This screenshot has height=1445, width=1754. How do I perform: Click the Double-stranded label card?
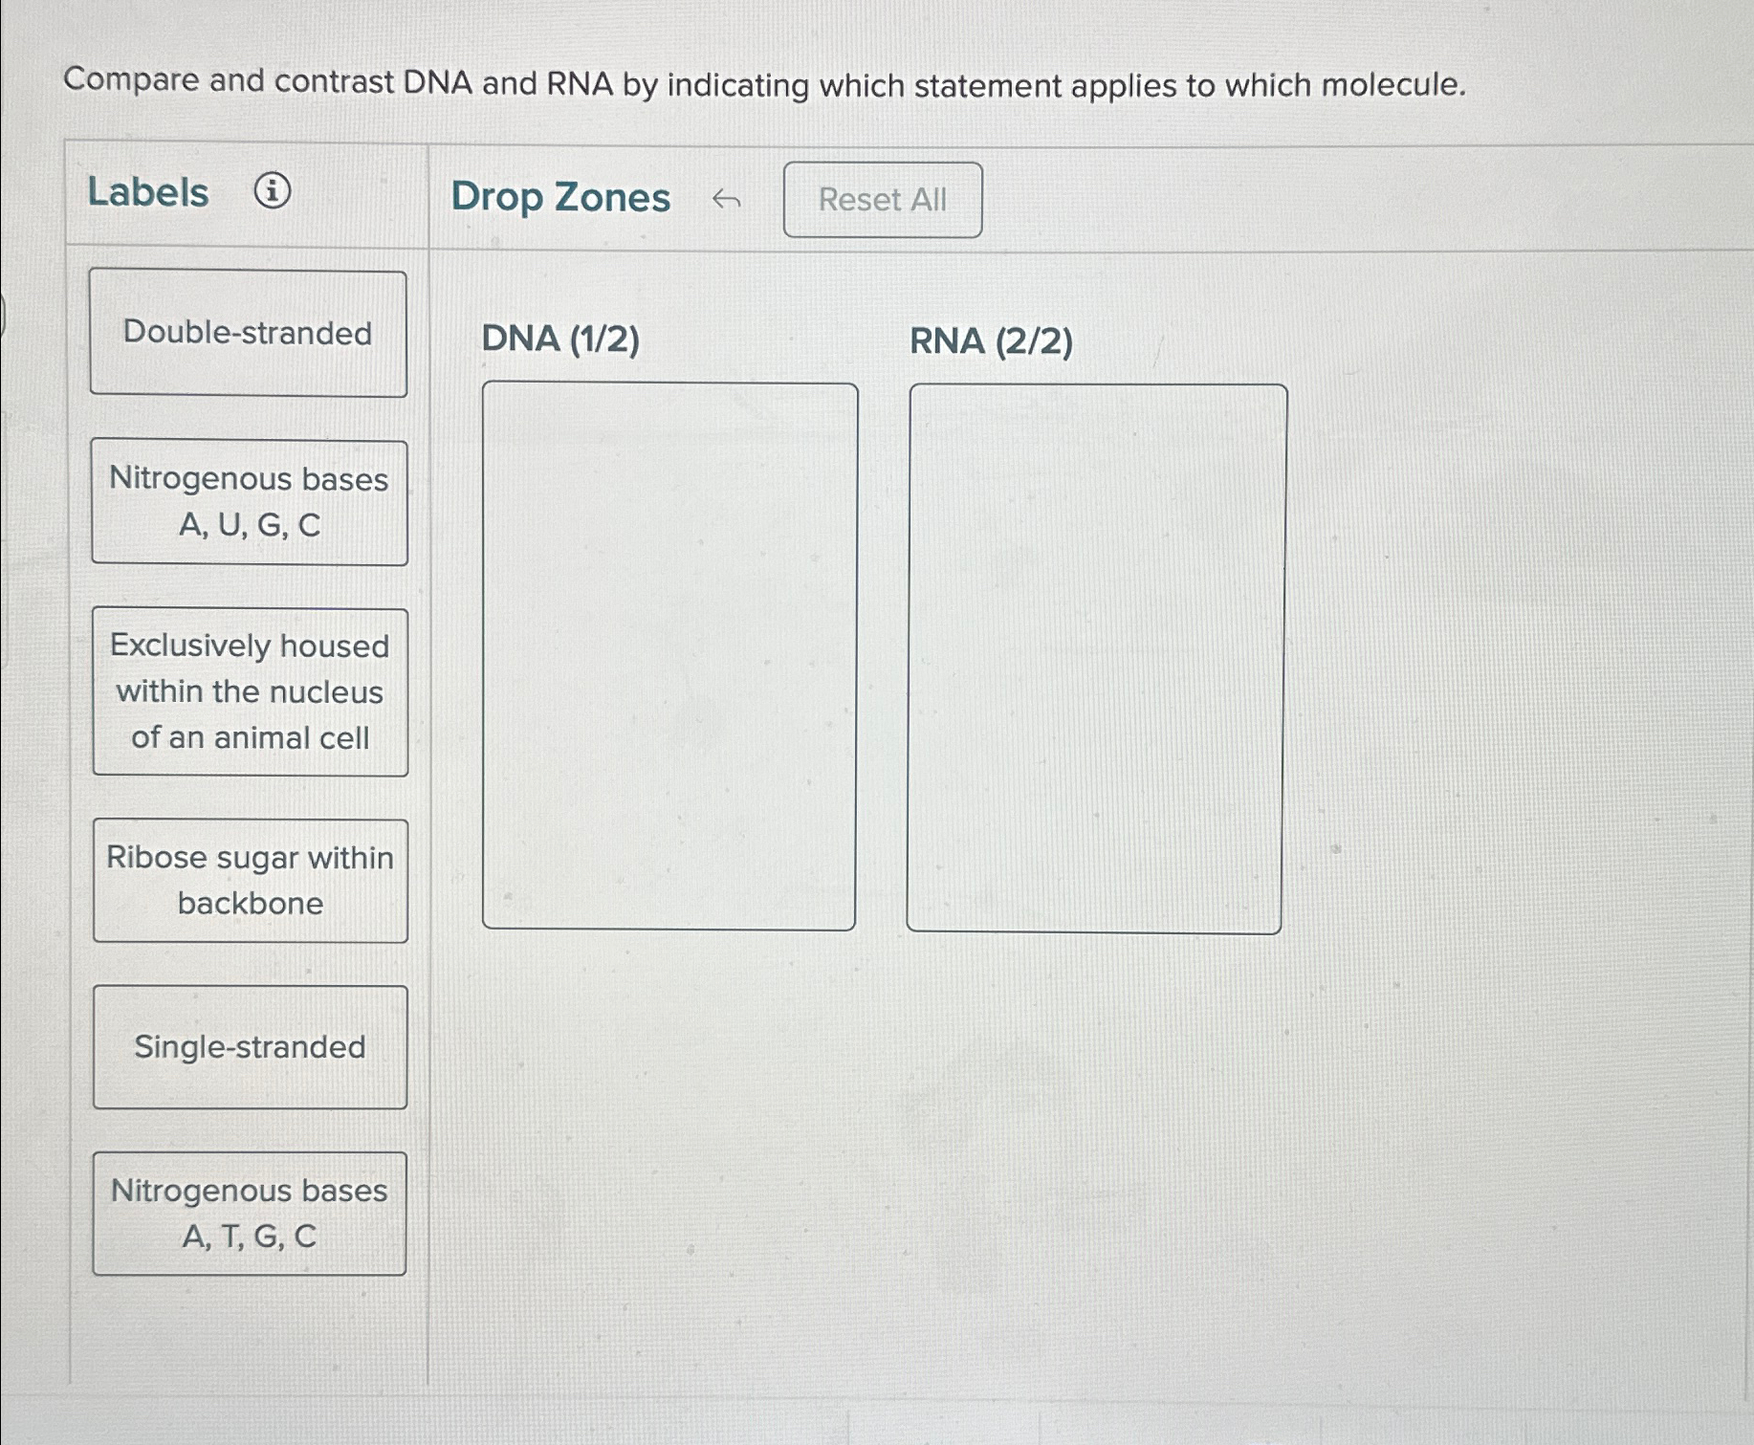coord(248,333)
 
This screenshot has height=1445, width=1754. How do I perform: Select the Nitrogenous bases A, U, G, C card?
coord(249,502)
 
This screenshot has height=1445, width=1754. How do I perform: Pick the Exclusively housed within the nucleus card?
coord(250,691)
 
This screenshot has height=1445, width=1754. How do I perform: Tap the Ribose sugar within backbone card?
coord(250,880)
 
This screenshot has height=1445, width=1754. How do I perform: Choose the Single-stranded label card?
coord(250,1047)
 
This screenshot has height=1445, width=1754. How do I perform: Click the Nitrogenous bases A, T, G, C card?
coord(249,1213)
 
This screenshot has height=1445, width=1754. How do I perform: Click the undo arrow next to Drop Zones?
coord(726,199)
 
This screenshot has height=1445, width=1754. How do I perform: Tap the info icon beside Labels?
coord(273,191)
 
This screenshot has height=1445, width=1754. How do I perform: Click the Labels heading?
coord(148,192)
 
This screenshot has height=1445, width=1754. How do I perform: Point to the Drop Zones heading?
coord(560,197)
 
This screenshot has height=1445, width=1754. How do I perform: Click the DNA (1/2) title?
coord(560,339)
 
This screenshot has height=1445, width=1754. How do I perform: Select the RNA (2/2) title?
coord(991,341)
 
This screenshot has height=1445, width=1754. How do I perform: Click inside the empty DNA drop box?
coord(669,656)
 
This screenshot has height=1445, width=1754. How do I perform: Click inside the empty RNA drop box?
coord(1095,658)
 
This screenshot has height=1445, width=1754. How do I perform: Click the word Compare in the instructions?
coord(130,80)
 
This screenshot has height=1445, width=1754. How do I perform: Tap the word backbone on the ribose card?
coord(251,904)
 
